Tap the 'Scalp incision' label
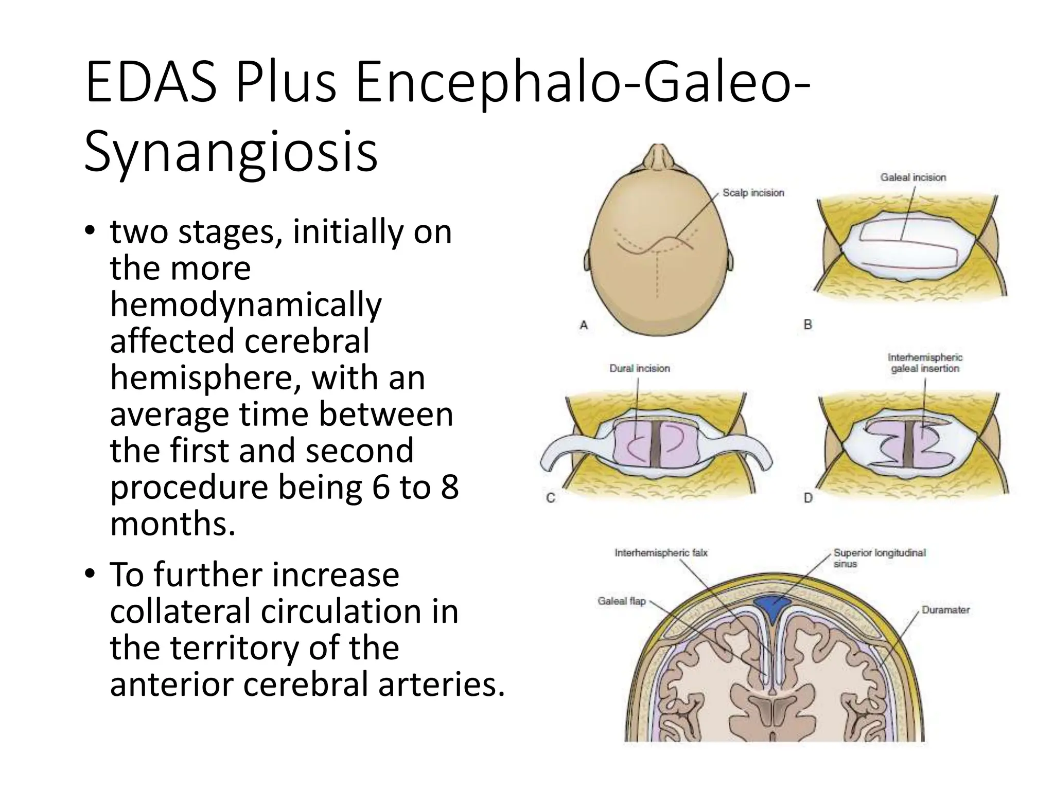[x=753, y=193]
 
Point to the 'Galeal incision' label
[x=913, y=177]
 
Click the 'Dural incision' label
[x=639, y=368]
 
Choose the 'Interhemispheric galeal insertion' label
[x=925, y=363]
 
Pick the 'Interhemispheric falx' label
[x=661, y=553]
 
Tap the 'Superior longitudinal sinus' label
[x=880, y=558]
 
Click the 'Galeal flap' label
[x=621, y=601]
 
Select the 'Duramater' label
[x=945, y=610]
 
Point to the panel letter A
[x=584, y=325]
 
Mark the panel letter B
[x=807, y=325]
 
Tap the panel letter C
[x=550, y=498]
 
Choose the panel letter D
[x=808, y=498]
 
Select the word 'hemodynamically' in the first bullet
[x=245, y=304]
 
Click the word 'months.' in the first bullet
[x=173, y=524]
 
